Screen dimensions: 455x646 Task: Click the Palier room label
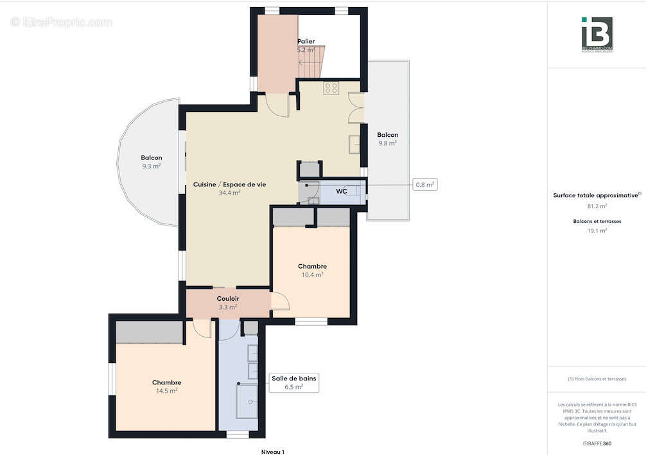[x=306, y=41]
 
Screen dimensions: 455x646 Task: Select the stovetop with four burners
[x=331, y=89]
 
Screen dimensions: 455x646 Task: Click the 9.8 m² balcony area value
[x=387, y=143]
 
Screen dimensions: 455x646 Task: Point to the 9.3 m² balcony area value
[x=151, y=166]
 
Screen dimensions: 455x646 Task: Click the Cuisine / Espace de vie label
[x=229, y=184]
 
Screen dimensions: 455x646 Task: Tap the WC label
[x=342, y=191]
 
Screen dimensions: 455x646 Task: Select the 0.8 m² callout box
[x=425, y=185]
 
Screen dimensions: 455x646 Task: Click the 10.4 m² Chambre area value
[x=312, y=274]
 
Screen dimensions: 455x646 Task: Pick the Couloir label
[x=228, y=299]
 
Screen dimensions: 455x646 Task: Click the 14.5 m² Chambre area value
[x=166, y=390]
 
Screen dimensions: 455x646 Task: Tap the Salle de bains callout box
[x=294, y=382]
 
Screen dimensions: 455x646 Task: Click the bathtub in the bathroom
[x=247, y=401]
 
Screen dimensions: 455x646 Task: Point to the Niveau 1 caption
[x=272, y=452]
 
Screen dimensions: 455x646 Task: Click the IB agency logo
[x=597, y=34]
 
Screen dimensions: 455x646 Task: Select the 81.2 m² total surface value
[x=597, y=206]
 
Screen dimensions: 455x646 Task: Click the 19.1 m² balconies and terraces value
[x=597, y=231]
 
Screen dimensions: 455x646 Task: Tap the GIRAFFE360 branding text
[x=597, y=444]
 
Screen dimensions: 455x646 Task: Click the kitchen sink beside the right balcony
[x=354, y=145]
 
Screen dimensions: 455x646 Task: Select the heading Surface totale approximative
[x=596, y=195]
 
